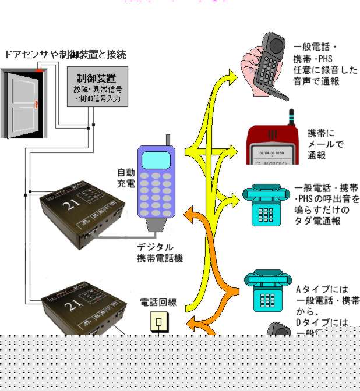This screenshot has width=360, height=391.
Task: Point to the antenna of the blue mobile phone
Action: pos(167,140)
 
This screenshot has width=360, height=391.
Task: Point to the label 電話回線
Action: pos(158,302)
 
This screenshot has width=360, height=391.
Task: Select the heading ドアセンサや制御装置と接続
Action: pos(65,55)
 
